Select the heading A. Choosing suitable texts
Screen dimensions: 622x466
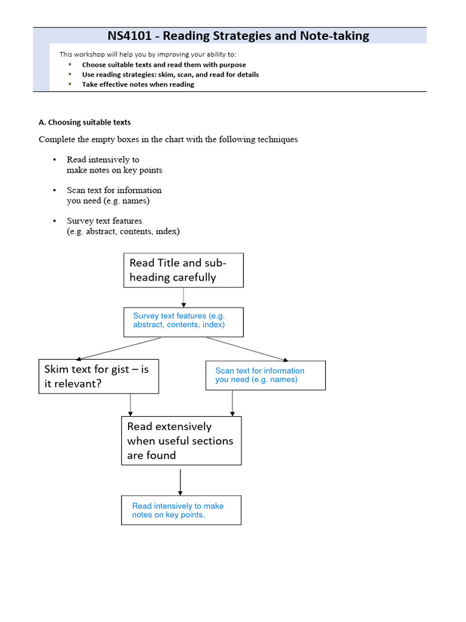tap(84, 122)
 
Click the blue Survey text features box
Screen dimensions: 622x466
tap(183, 322)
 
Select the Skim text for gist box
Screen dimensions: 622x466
tap(99, 376)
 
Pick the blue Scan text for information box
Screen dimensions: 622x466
tap(266, 375)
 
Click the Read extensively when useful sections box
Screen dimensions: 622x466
tap(181, 441)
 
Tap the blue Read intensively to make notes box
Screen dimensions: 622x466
tap(181, 510)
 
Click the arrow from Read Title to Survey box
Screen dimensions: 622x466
tap(183, 297)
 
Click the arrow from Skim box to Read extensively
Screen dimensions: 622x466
tap(130, 405)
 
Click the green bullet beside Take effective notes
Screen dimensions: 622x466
tap(70, 84)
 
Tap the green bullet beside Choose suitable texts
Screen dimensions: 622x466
tap(70, 64)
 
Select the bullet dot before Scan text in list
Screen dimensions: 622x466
tap(54, 190)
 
